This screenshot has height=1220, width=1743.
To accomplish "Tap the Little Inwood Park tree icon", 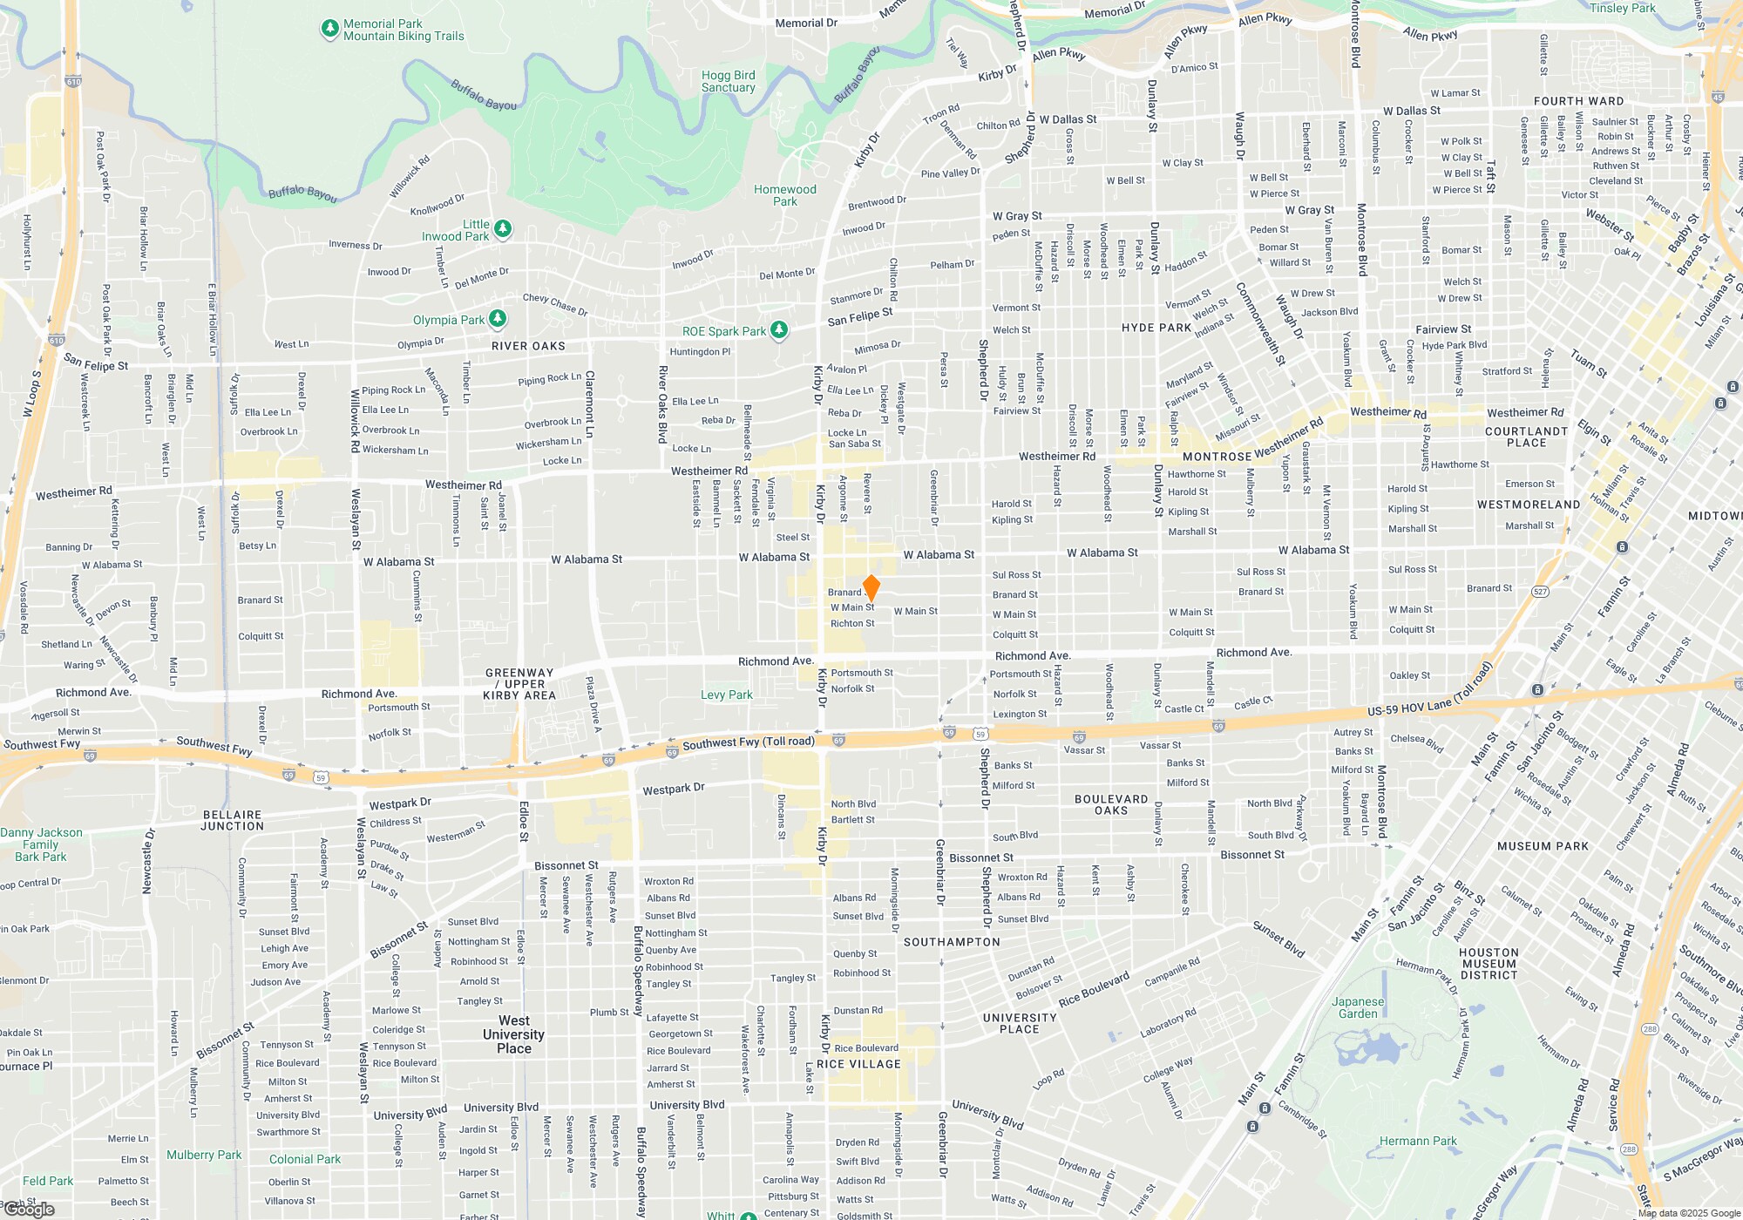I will coord(502,229).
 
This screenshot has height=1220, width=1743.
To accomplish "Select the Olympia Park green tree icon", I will coord(497,319).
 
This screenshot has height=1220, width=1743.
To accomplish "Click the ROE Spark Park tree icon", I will coord(779,330).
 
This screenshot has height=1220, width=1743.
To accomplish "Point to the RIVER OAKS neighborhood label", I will coord(528,346).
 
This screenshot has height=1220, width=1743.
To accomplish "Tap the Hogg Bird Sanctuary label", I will coord(728,82).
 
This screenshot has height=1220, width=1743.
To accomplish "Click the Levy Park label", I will coord(726,695).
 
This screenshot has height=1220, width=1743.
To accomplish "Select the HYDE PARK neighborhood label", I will coord(1156,328).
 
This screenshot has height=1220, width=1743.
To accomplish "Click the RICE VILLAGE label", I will coord(858,1064).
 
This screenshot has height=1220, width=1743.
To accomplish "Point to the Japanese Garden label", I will coord(1358,1007).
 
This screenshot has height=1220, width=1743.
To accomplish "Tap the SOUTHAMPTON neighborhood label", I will coord(952,942).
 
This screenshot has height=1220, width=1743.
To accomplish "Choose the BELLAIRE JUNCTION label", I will coord(232,820).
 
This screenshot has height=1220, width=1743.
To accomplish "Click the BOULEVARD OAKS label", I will coord(1111,804).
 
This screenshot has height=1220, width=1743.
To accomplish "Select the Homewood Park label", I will coord(784,195).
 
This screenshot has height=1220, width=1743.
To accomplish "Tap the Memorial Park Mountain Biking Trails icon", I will coord(329,29).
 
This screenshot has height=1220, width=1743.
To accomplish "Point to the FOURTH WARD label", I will coord(1578,101).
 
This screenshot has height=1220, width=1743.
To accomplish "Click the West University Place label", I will coord(513,1034).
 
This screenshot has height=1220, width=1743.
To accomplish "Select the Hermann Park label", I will coord(1417,1141).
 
